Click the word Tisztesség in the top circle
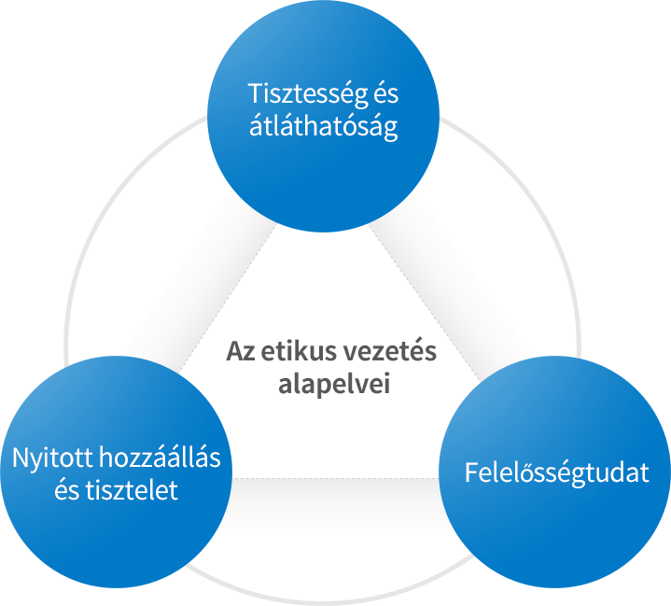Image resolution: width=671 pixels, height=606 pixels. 308,94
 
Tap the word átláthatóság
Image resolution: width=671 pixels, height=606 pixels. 324,126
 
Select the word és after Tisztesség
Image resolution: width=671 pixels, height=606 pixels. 386,93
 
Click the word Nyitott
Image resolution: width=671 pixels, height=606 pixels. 52,458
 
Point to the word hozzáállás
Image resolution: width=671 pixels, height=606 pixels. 160,457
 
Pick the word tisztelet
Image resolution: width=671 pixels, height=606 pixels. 132,490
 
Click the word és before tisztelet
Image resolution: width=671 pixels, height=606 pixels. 67,490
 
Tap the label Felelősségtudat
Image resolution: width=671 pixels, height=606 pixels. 557,473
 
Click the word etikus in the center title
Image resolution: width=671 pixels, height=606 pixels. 293,352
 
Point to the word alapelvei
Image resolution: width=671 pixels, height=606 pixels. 334,384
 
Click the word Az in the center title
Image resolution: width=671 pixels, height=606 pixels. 241,352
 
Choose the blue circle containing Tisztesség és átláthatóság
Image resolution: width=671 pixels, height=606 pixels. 324,116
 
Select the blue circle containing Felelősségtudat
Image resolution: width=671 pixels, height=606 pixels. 555,472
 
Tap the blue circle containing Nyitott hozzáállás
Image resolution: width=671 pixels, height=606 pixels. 116,472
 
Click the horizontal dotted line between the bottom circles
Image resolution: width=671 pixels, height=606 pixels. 336,478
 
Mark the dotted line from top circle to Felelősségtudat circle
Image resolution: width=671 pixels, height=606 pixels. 425,303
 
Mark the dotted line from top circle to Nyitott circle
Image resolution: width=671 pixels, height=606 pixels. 228,296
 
